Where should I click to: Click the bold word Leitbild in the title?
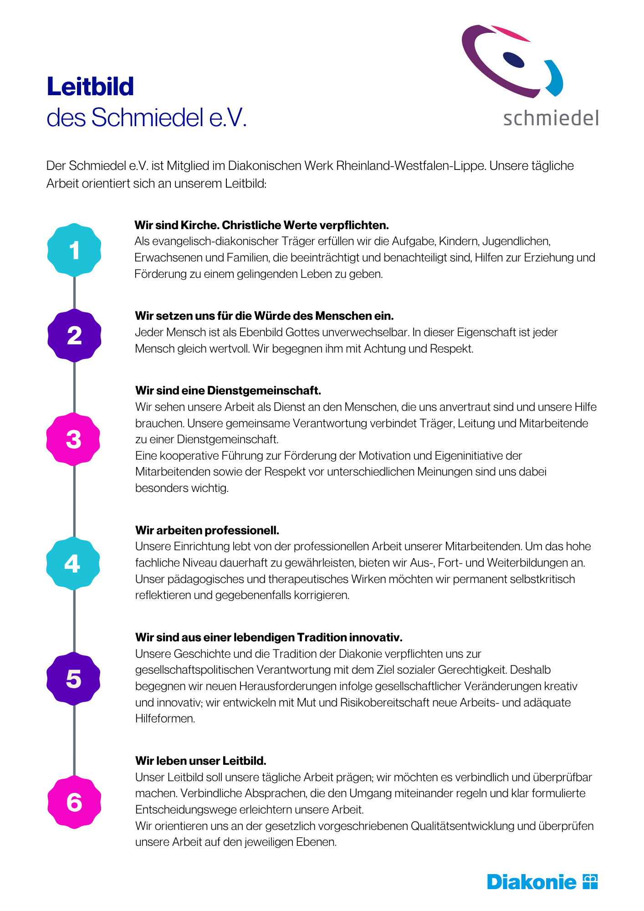90,87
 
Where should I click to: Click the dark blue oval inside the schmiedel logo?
514,60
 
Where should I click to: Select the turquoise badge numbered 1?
74,250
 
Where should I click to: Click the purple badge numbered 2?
74,336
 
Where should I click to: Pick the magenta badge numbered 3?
73,440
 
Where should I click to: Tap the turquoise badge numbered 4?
72,564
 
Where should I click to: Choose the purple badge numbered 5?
73,679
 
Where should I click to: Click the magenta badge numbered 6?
74,802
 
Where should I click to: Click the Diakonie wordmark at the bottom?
532,882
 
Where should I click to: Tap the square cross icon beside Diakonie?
590,881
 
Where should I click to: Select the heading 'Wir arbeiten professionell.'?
207,530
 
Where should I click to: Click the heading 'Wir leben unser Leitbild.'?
201,761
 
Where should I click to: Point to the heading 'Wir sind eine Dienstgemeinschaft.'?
228,390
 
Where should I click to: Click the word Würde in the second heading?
272,316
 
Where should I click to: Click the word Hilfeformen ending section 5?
158,719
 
